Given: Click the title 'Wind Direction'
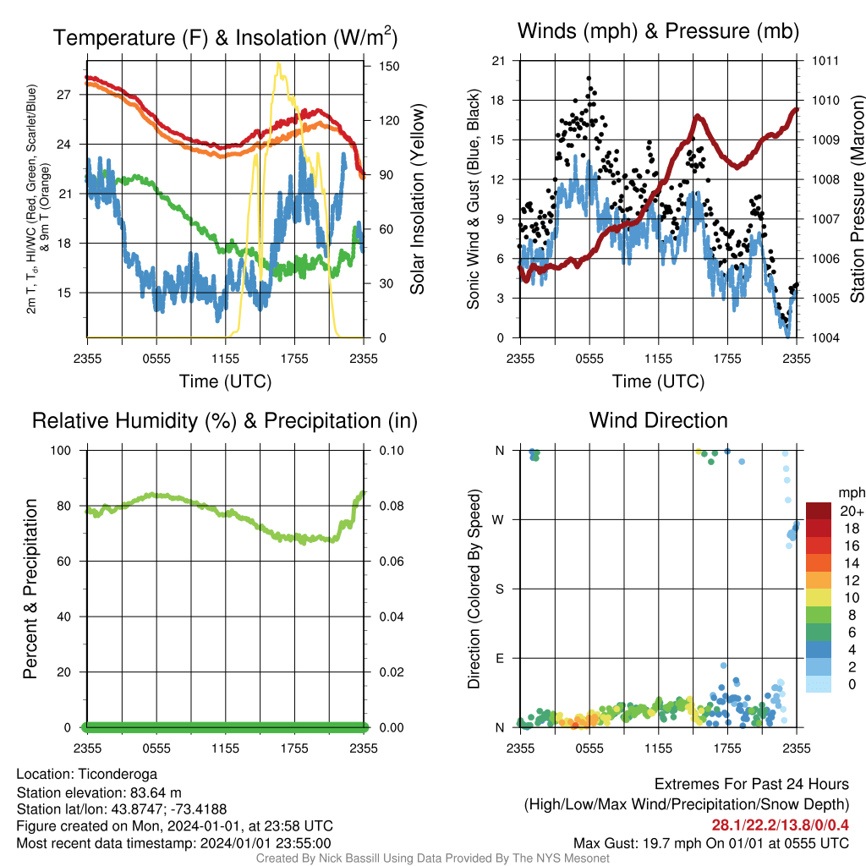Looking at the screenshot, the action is point(658,420).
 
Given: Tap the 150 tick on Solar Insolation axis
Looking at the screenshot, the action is point(389,66).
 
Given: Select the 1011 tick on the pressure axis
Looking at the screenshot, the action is point(825,61).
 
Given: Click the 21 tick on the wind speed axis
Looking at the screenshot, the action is point(499,61).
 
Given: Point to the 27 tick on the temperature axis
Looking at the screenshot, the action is point(64,95).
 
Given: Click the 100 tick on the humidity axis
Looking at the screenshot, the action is point(61,450).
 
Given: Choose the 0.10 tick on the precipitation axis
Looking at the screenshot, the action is point(392,450).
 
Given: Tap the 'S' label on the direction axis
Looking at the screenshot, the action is point(500,589).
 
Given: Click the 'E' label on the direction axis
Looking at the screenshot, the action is point(500,658).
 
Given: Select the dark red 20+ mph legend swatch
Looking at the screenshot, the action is point(819,511).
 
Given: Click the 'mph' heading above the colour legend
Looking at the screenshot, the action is point(851,493).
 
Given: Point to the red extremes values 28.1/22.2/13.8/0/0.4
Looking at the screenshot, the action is point(780,825).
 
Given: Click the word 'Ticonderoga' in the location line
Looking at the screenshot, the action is point(118,775).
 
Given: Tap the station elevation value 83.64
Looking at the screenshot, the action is point(150,792).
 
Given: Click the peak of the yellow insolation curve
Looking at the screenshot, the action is point(278,63).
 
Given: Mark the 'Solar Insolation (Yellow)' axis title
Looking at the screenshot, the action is point(418,199).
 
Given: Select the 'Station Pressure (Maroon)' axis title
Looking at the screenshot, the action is point(858,199).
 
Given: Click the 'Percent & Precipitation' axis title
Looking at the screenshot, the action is point(30,589).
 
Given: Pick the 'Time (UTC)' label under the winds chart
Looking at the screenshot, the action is point(658,381).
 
